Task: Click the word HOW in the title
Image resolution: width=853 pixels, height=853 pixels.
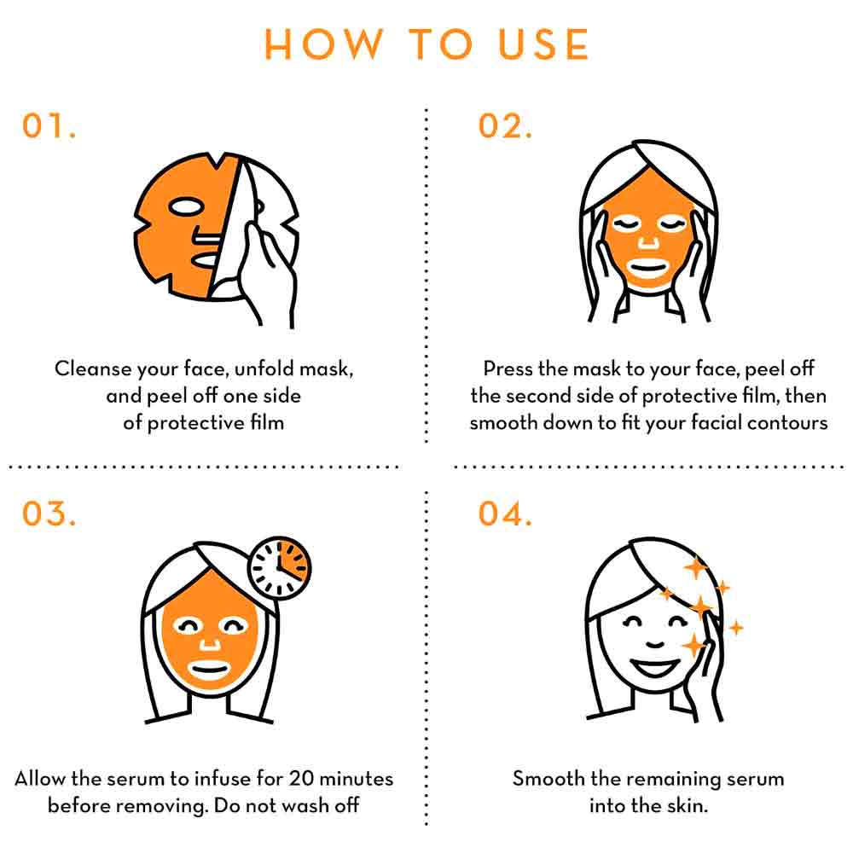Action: coord(323,44)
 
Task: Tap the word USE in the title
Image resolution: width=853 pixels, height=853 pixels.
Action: coord(543,44)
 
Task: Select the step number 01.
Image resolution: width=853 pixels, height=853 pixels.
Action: coord(49,125)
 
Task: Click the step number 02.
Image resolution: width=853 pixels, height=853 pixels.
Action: coord(505,125)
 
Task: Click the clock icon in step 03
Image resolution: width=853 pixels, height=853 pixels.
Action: coord(280,567)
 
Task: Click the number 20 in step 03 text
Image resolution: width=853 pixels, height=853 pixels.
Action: coord(301,779)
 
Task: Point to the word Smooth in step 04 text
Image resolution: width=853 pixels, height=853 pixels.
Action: coord(548,779)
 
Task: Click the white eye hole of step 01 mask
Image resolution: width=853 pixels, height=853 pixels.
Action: coord(185,206)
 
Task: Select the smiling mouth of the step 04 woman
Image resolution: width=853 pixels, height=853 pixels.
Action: coord(655,667)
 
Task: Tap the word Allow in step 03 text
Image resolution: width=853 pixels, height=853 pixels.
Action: coord(39,779)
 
